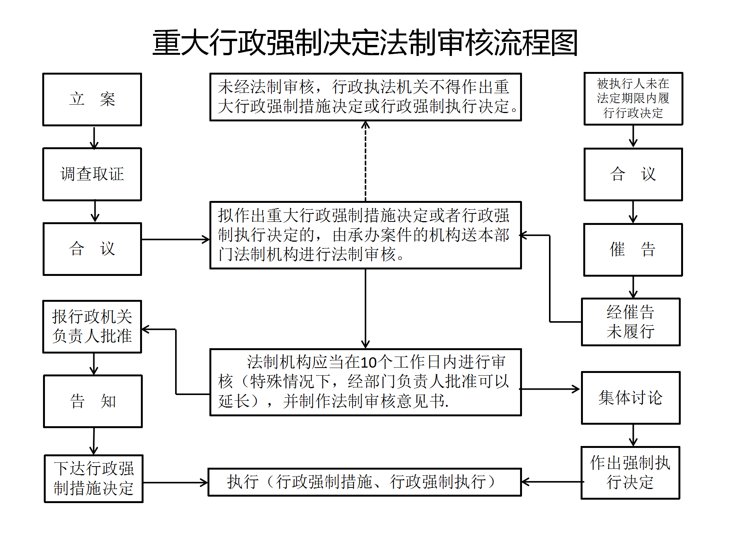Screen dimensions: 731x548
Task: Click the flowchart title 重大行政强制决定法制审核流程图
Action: (365, 43)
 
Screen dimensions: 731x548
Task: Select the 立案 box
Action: (92, 99)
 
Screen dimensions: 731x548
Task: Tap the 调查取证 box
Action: (92, 174)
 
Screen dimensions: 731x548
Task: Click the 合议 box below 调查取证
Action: (93, 249)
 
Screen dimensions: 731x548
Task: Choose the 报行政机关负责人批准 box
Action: (92, 327)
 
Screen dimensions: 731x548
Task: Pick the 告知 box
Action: (93, 401)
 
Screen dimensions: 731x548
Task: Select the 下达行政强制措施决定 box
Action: (94, 479)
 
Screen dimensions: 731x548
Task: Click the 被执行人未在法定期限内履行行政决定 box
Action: (634, 99)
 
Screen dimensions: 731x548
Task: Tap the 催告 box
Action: (633, 250)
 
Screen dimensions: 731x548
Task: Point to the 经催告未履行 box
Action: (631, 322)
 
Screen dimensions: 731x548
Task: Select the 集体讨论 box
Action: (631, 398)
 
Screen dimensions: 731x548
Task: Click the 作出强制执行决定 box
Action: (630, 473)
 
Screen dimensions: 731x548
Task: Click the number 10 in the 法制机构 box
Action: (368, 363)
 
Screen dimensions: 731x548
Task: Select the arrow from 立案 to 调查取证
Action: (94, 137)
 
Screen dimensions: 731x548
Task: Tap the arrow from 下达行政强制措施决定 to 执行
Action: (176, 483)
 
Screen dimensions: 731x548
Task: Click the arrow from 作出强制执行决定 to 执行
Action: (552, 482)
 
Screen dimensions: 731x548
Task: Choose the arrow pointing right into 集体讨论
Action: (550, 389)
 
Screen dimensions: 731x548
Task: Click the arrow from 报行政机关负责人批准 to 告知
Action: (94, 364)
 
